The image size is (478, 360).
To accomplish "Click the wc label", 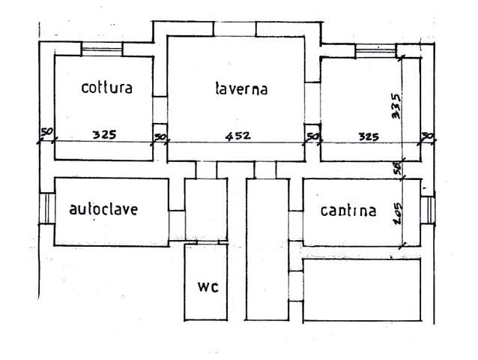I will [207, 288].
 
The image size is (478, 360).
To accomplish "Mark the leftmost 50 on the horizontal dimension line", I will [47, 133].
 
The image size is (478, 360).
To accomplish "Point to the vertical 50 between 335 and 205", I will [398, 169].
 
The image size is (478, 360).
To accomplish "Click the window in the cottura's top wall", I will [101, 50].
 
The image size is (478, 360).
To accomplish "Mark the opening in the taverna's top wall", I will [235, 29].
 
